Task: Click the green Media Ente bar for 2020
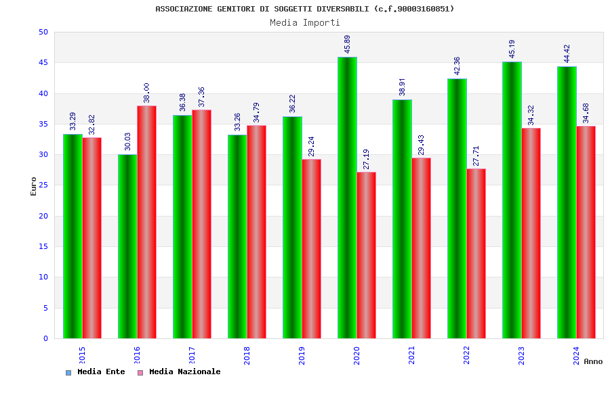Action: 347,198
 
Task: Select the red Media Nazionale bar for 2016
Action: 146,222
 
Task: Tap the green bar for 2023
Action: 512,200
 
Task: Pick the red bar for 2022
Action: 476,253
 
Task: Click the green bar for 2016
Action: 127,246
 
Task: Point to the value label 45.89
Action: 348,44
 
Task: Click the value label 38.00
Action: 146,93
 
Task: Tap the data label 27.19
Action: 367,159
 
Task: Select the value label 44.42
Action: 567,53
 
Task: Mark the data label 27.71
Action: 476,156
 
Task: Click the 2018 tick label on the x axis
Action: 247,355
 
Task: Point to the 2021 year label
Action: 411,355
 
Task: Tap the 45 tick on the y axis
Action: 43,63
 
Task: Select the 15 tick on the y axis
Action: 43,246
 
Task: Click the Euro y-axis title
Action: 34,186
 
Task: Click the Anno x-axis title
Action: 593,361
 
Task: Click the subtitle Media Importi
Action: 305,22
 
